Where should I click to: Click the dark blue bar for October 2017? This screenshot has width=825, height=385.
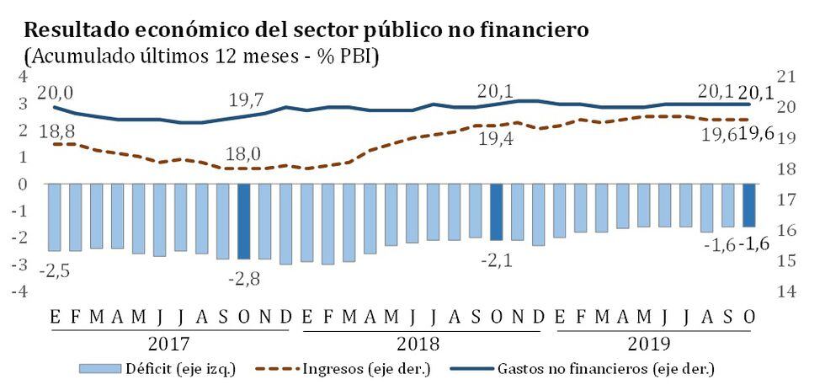pyautogui.click(x=244, y=221)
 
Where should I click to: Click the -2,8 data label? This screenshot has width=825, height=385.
pyautogui.click(x=244, y=277)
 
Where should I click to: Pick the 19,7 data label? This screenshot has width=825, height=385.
pyautogui.click(x=245, y=100)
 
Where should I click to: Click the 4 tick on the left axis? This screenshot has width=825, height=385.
pyautogui.click(x=24, y=76)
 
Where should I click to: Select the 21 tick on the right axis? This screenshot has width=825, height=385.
pyautogui.click(x=786, y=76)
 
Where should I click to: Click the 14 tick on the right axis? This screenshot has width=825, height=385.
pyautogui.click(x=786, y=291)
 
